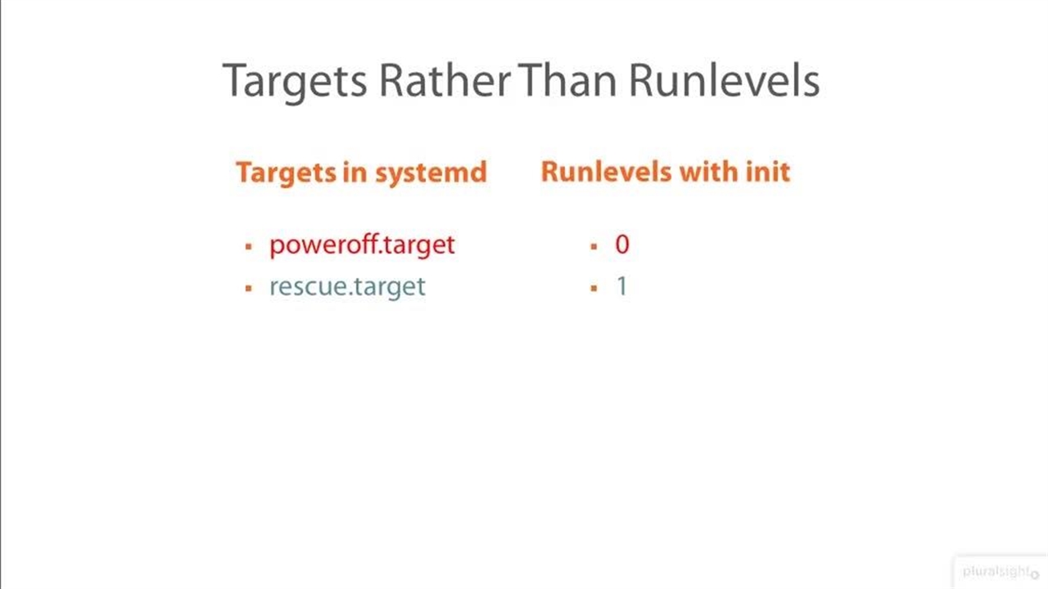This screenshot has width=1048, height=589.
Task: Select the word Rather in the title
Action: (x=445, y=79)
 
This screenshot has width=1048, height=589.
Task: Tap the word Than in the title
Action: (x=567, y=79)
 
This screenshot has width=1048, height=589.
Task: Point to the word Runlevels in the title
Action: (x=725, y=79)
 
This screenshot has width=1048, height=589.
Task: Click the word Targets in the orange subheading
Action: (x=286, y=173)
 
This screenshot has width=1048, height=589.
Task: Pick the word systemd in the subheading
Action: (x=431, y=173)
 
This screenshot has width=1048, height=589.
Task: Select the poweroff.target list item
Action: (x=362, y=245)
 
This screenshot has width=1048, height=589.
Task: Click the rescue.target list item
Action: (x=348, y=286)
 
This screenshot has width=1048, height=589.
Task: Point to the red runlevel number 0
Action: (x=622, y=244)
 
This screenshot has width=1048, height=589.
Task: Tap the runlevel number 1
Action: (x=622, y=286)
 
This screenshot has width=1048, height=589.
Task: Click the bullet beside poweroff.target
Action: (x=248, y=246)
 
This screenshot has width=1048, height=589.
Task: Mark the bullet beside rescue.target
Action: (x=248, y=288)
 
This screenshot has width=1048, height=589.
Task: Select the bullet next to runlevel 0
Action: (x=594, y=246)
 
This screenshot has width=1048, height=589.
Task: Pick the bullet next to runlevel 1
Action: (x=594, y=288)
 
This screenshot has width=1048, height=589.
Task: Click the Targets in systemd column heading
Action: (x=362, y=173)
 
